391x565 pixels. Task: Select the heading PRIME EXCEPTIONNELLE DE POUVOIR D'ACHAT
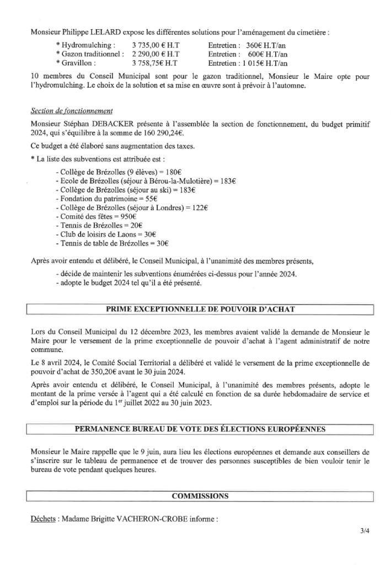point(200,309)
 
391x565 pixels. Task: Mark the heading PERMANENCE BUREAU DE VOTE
point(200,428)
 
